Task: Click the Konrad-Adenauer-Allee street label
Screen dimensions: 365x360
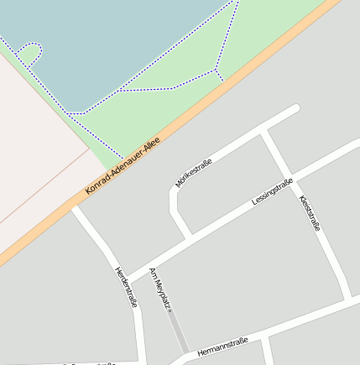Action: coord(123,168)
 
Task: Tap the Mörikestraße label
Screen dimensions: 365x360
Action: coord(193,171)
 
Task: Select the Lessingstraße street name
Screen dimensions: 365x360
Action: coord(273,192)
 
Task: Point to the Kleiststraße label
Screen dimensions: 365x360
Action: coord(309,212)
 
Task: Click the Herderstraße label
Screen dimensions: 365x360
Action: coord(125,287)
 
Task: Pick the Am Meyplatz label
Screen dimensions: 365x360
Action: coord(159,289)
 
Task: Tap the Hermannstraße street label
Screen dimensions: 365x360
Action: coord(222,345)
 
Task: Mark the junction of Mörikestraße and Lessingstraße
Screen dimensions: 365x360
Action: coord(188,234)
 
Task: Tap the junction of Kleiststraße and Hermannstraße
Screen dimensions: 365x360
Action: coord(348,297)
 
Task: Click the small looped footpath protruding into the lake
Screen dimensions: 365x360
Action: coord(29,52)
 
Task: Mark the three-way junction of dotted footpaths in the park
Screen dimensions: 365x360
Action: coord(216,69)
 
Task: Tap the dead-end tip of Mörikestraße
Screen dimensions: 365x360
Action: coord(295,108)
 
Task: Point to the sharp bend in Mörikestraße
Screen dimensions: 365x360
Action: coord(174,192)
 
